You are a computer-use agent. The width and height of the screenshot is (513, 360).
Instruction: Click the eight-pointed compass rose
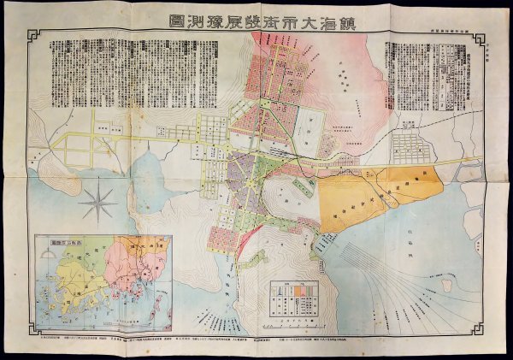102,203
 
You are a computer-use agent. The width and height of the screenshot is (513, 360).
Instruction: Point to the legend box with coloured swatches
295,300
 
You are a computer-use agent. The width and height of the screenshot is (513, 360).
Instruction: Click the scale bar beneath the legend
295,325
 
